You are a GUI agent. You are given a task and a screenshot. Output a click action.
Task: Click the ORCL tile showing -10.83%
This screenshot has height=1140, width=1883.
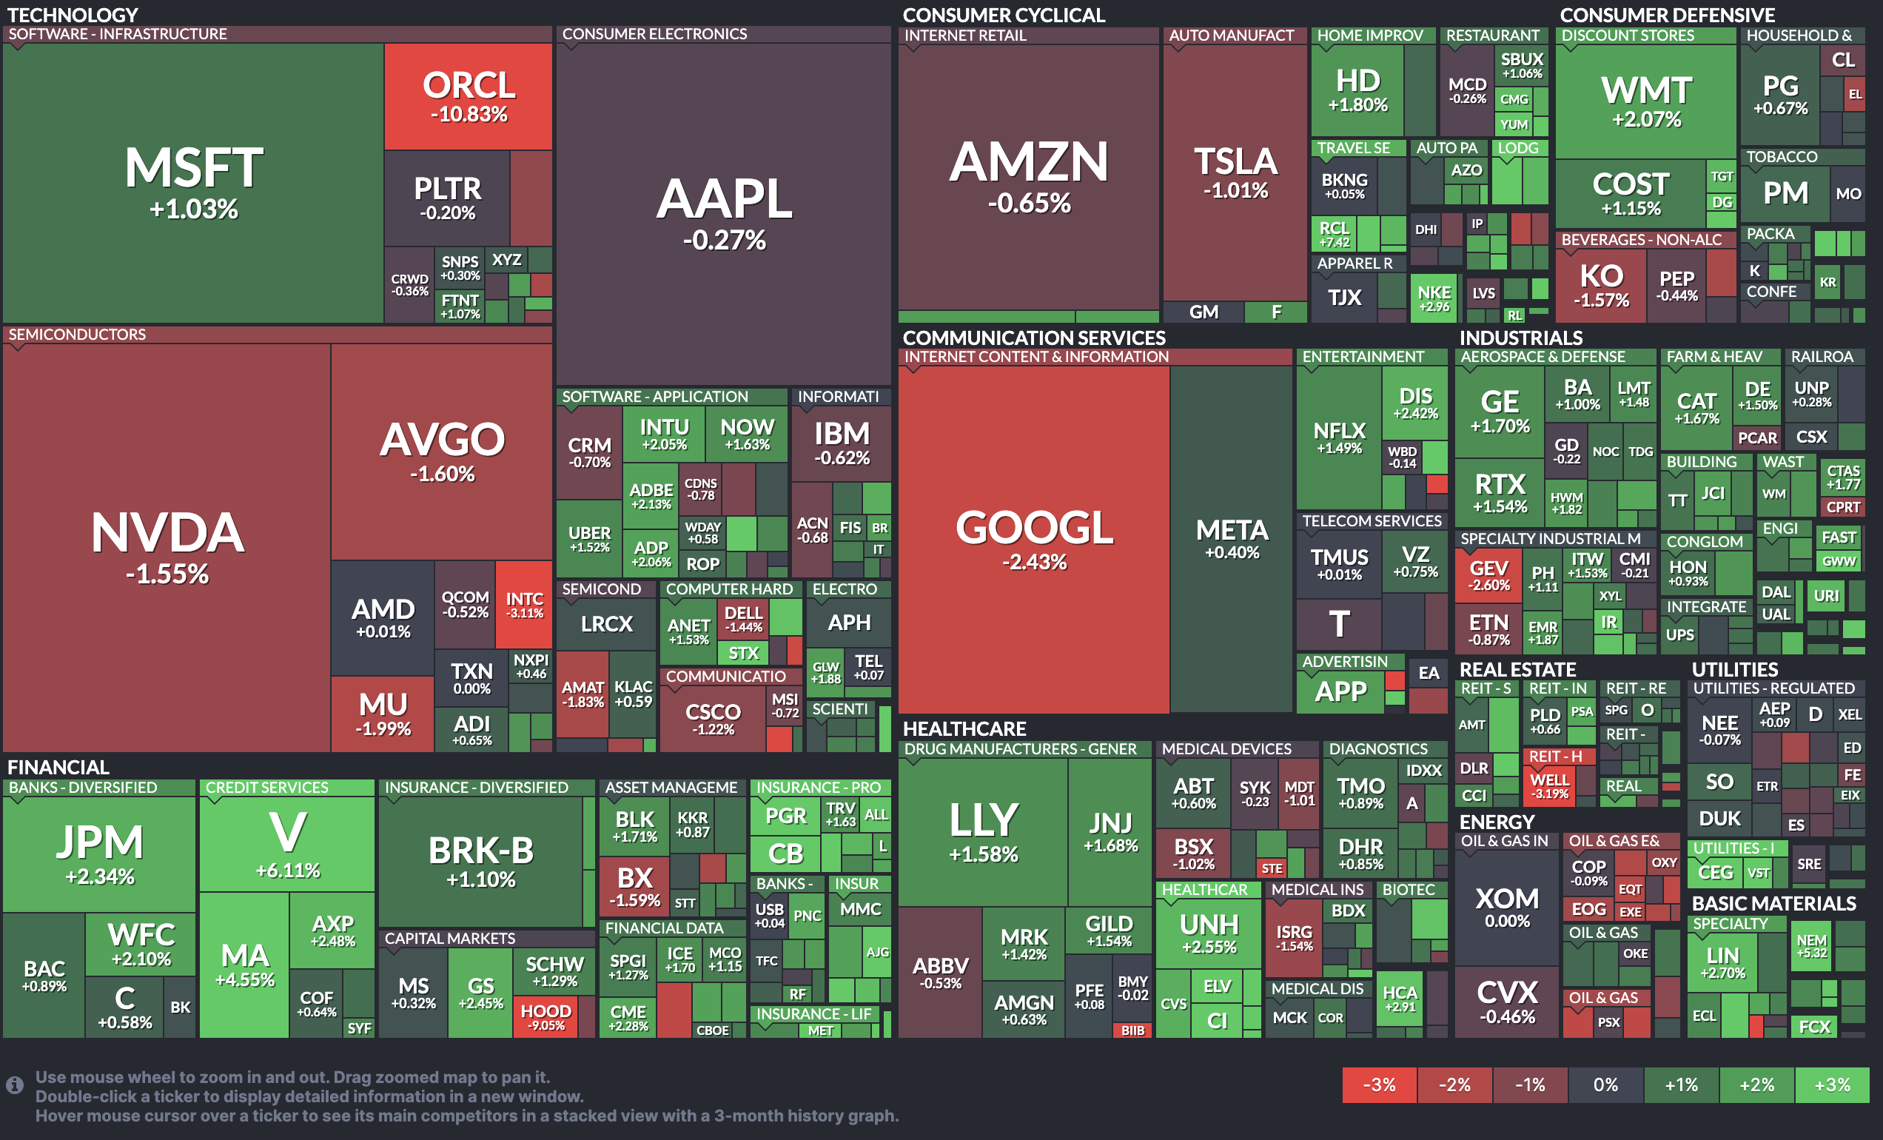[x=468, y=96]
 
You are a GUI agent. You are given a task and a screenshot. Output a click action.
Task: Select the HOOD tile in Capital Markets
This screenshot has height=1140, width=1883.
[x=546, y=1016]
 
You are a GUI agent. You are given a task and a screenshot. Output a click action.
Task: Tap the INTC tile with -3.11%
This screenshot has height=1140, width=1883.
[x=524, y=603]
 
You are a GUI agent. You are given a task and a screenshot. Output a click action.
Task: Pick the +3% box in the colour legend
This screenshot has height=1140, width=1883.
[x=1832, y=1084]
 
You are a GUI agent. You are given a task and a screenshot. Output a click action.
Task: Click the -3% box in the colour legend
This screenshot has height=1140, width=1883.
[x=1380, y=1084]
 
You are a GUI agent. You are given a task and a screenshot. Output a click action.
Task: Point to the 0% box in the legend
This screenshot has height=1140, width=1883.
[x=1605, y=1084]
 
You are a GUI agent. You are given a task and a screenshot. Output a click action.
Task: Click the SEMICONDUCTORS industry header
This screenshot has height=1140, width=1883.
[x=77, y=335]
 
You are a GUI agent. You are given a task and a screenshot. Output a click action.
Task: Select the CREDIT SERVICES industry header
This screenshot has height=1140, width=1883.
[x=266, y=787]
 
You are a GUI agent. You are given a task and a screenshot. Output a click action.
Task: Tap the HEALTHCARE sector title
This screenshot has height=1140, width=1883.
[x=964, y=729]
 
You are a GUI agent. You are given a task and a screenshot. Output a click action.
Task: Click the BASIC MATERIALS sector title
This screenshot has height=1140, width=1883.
[x=1773, y=903]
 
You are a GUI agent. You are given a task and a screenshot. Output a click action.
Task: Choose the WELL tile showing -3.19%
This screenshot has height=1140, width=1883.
[x=1549, y=785]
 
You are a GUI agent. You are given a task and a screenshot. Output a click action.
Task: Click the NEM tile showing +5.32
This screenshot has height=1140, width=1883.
[x=1812, y=945]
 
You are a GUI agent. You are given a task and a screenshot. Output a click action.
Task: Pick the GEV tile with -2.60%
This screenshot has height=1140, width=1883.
[x=1488, y=575]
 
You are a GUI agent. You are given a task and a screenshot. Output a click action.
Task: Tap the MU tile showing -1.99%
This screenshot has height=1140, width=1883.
[x=383, y=713]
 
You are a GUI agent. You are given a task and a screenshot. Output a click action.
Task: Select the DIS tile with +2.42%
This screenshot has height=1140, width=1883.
[x=1415, y=403]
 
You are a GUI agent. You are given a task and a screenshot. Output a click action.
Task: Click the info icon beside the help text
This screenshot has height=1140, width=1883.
[x=15, y=1085]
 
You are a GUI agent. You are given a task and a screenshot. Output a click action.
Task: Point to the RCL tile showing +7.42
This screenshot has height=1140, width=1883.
[x=1335, y=234]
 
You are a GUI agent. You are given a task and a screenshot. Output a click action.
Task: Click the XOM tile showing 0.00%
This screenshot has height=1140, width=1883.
[x=1506, y=907]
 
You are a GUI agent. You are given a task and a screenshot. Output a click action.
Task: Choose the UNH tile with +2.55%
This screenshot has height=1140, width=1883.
[x=1208, y=933]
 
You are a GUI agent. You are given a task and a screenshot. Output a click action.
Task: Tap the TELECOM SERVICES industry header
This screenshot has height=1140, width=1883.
[x=1372, y=521]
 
